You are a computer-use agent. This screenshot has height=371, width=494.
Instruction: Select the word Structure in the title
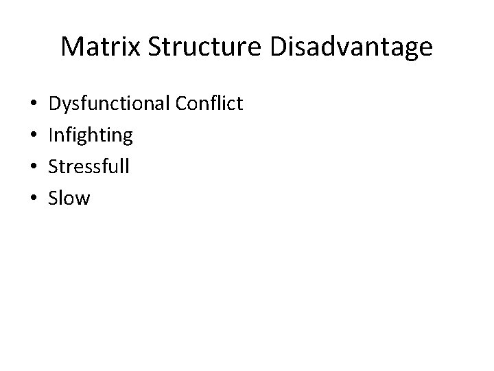click(x=185, y=47)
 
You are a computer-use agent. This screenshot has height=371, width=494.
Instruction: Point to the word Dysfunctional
click(x=108, y=104)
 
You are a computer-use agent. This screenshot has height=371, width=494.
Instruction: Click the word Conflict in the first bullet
click(x=209, y=104)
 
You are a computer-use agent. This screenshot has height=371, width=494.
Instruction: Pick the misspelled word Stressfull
click(x=89, y=167)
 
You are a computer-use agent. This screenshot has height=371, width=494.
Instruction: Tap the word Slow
click(x=69, y=199)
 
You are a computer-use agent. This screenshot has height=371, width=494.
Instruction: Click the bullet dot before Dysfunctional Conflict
click(x=34, y=104)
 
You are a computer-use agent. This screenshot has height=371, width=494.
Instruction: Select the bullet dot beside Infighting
click(x=34, y=136)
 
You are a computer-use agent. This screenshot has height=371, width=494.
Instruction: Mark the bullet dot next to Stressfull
click(x=34, y=168)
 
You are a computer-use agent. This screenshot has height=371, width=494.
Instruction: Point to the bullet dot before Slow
click(x=34, y=199)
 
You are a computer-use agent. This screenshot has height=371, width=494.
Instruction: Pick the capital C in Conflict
click(x=181, y=104)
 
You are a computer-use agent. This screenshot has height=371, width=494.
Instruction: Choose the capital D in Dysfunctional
click(x=56, y=104)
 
